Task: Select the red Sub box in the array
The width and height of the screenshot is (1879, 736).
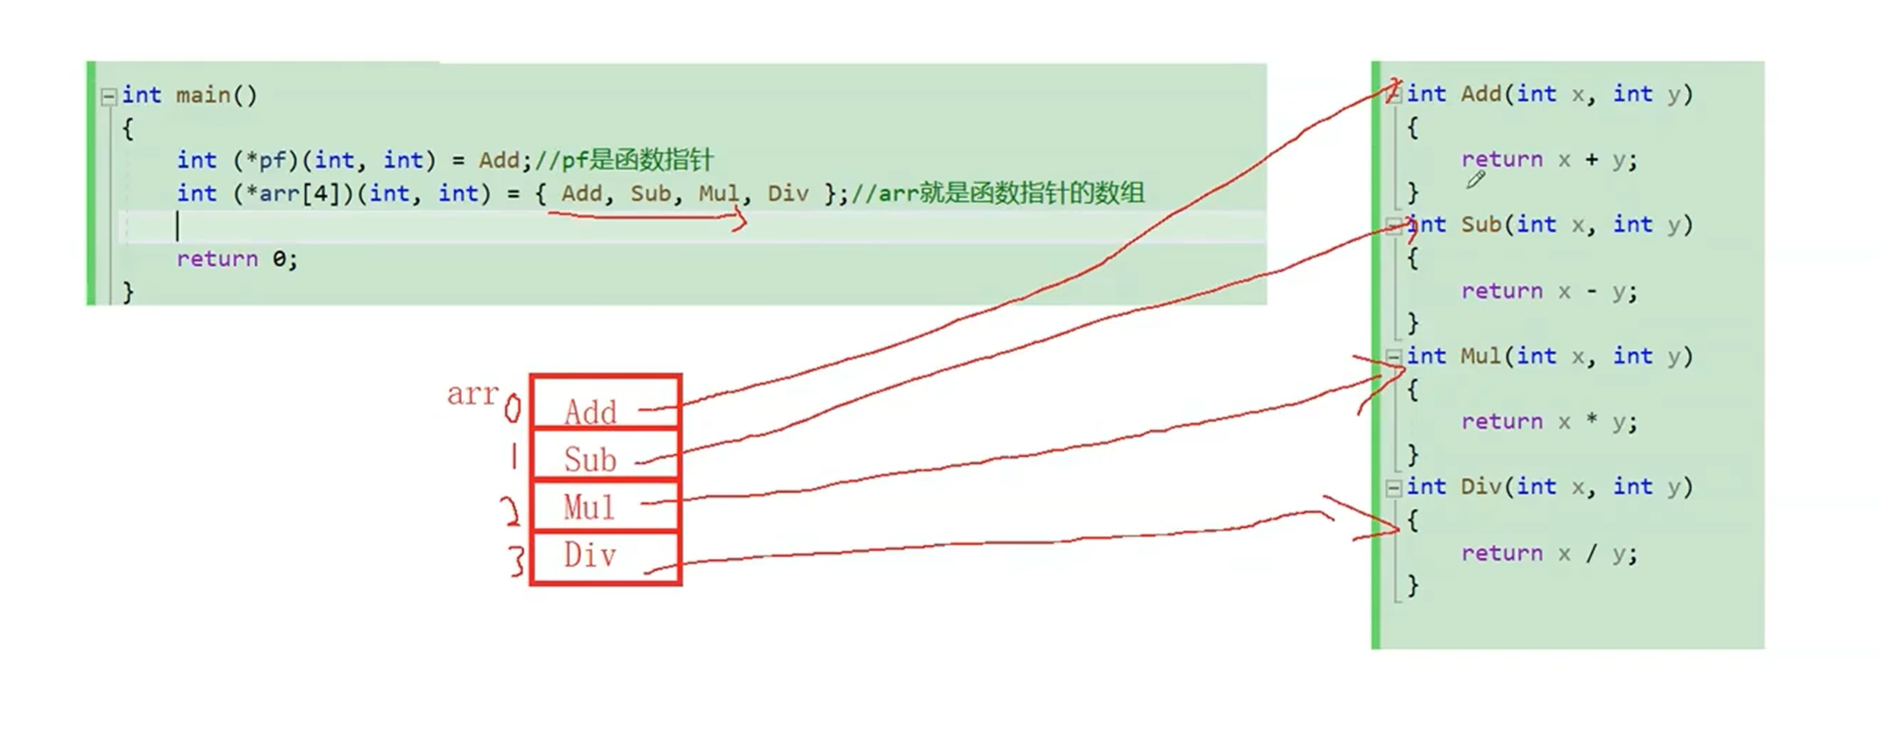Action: click(x=605, y=455)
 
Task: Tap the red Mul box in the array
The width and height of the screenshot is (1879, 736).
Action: click(x=605, y=506)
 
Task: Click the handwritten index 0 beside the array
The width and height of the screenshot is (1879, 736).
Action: click(x=513, y=410)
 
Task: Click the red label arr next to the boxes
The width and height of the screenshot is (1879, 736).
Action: click(x=472, y=393)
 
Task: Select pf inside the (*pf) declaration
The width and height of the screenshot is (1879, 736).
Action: click(x=273, y=160)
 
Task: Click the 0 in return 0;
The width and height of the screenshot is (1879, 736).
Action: click(x=279, y=259)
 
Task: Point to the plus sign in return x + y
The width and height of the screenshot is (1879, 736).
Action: click(x=1590, y=160)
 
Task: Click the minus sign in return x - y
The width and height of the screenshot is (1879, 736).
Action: click(x=1590, y=291)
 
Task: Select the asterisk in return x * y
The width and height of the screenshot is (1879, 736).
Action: click(x=1590, y=420)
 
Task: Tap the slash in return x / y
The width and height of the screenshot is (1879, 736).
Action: click(x=1590, y=553)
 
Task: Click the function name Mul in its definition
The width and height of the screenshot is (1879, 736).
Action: click(x=1481, y=356)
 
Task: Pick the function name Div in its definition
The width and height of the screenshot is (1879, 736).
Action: click(x=1481, y=486)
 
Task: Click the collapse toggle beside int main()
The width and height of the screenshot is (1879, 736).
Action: click(x=108, y=96)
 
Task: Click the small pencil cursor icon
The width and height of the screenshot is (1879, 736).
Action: click(x=1476, y=180)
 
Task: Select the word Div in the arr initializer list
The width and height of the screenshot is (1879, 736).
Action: click(x=788, y=193)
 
